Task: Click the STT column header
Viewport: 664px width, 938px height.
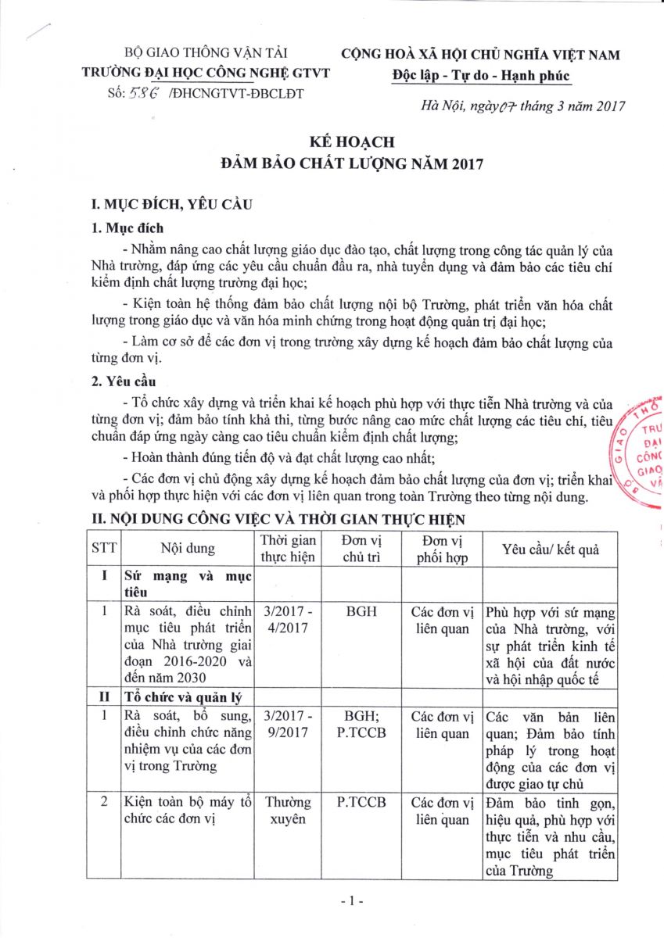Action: click(x=103, y=549)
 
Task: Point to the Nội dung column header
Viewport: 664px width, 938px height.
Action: click(x=188, y=549)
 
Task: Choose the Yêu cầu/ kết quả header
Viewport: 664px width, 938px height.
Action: click(x=550, y=549)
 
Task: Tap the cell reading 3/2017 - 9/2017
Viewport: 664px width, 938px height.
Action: click(x=289, y=725)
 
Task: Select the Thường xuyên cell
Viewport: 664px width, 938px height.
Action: click(x=289, y=811)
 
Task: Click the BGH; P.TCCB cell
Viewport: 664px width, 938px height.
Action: click(x=361, y=725)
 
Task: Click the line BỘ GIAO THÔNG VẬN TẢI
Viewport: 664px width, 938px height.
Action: click(x=206, y=54)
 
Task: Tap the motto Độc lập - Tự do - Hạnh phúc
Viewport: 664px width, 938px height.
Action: click(x=481, y=75)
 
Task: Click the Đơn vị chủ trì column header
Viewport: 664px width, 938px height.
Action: click(x=361, y=549)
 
